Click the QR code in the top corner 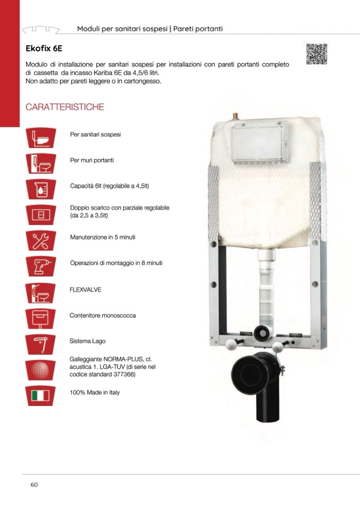[x=316, y=54]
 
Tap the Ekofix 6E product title [x=44, y=49]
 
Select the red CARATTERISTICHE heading [x=65, y=107]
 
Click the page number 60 [x=34, y=485]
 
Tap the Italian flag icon [x=40, y=396]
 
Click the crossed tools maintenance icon [x=40, y=240]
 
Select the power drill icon [x=40, y=266]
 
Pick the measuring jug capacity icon [x=40, y=189]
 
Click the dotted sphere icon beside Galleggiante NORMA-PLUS [x=40, y=370]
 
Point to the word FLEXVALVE [x=85, y=290]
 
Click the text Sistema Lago [x=87, y=341]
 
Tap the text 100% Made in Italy [x=95, y=392]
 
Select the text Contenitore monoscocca [x=102, y=315]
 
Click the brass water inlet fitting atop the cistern [x=236, y=116]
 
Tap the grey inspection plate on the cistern [x=260, y=142]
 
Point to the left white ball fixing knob [x=230, y=345]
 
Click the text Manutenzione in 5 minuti [x=102, y=237]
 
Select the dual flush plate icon [x=40, y=215]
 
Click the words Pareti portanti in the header [x=198, y=29]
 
